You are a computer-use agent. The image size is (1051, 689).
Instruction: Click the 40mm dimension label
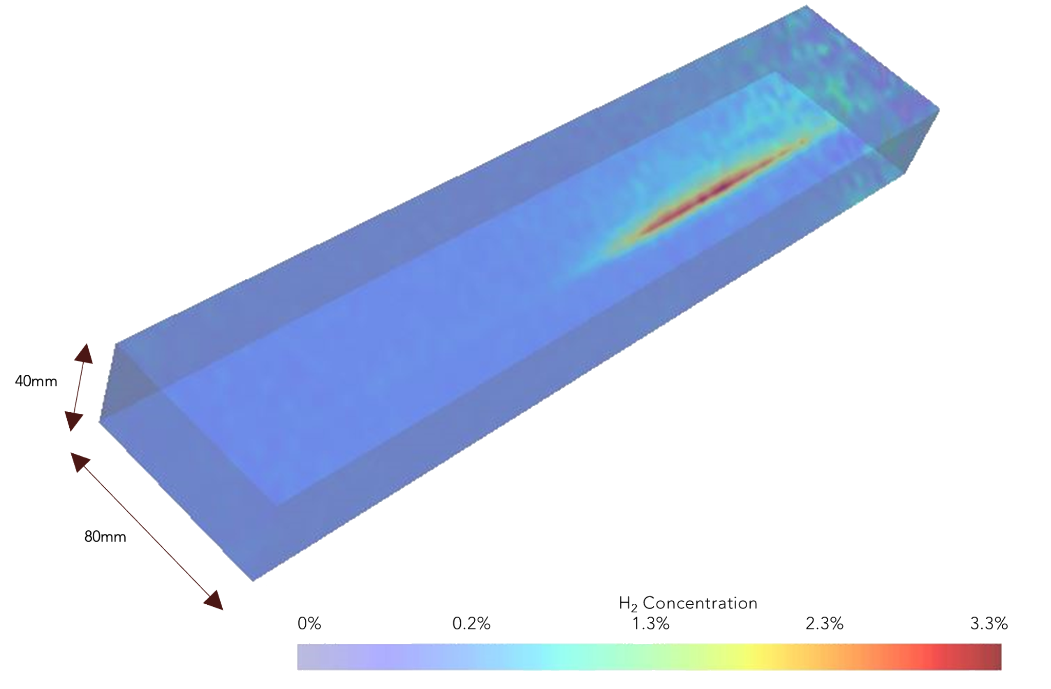click(x=36, y=381)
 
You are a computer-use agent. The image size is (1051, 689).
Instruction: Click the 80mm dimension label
click(x=105, y=537)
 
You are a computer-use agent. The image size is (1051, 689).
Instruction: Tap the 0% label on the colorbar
click(x=309, y=623)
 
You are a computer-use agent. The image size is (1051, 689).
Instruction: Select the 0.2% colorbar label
click(x=471, y=623)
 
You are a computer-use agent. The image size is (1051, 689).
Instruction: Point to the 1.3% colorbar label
click(x=651, y=623)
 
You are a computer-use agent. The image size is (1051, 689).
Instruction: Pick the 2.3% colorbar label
click(x=825, y=623)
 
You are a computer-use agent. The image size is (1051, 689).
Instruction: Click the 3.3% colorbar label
click(x=989, y=623)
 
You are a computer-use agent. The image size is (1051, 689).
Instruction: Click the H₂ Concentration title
click(x=688, y=603)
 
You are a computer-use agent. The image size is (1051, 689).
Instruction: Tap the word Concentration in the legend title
click(x=700, y=603)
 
